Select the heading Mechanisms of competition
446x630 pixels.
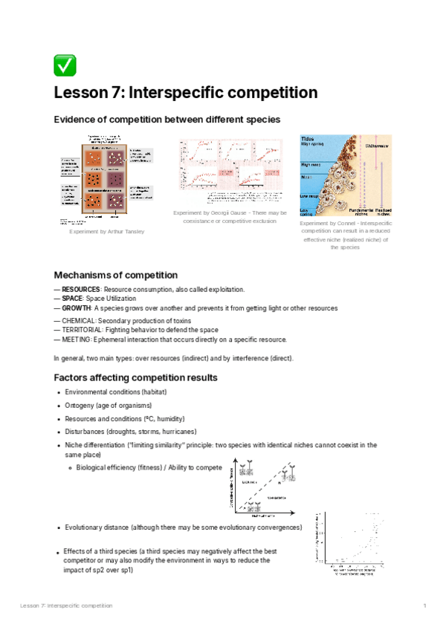point(116,275)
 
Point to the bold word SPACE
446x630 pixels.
point(73,298)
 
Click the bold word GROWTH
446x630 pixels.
point(76,308)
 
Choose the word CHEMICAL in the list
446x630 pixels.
point(80,320)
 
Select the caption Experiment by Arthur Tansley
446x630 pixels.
point(106,232)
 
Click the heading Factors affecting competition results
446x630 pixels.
point(136,377)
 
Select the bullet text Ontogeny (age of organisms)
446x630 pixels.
point(108,405)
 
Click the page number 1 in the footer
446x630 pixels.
point(424,606)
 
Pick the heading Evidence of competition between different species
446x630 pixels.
point(167,120)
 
